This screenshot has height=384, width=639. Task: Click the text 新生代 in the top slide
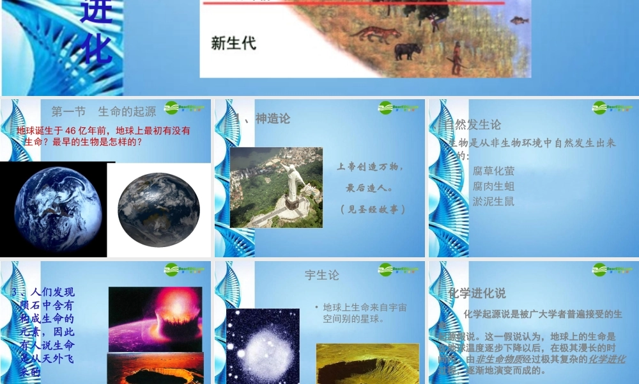(x=233, y=44)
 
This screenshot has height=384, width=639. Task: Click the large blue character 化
(x=96, y=49)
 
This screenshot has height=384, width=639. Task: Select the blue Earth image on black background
(x=58, y=209)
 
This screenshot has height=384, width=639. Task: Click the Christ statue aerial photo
(x=276, y=188)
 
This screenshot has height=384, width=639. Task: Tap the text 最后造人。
(x=370, y=188)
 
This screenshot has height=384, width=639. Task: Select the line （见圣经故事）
(x=373, y=209)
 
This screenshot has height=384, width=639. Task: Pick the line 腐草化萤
(x=493, y=171)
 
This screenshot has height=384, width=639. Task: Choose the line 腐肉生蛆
(x=493, y=186)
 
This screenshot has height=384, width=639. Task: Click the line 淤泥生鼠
(x=493, y=201)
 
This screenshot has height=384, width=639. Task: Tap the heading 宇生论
(x=322, y=275)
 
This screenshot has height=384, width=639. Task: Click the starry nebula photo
(x=263, y=346)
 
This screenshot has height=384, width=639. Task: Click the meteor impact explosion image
(x=155, y=319)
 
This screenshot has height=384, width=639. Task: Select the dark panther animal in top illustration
(x=408, y=51)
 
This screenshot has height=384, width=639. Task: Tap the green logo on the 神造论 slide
(x=397, y=108)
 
